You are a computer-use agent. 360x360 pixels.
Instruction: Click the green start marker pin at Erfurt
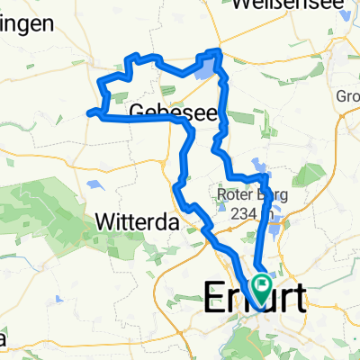coord(262,286)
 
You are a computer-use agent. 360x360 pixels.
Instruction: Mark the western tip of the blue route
coord(88,112)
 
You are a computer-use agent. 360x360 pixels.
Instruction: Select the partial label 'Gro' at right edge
coord(347,96)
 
